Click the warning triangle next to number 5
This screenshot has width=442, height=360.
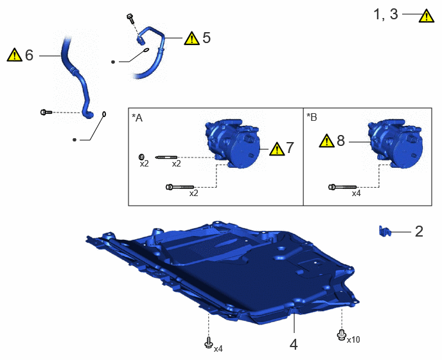(x=191, y=38)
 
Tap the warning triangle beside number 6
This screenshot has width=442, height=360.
(x=14, y=55)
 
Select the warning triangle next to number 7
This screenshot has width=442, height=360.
(x=277, y=148)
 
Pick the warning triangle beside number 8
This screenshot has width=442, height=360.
(x=327, y=141)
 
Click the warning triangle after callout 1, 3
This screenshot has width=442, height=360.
(x=427, y=15)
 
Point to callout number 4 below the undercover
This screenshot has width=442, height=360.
(x=294, y=345)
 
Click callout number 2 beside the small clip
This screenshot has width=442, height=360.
(x=419, y=231)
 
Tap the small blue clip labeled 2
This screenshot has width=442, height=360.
(x=385, y=231)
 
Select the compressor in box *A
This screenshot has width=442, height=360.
(x=232, y=143)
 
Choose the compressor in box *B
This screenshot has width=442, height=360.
(x=394, y=143)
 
